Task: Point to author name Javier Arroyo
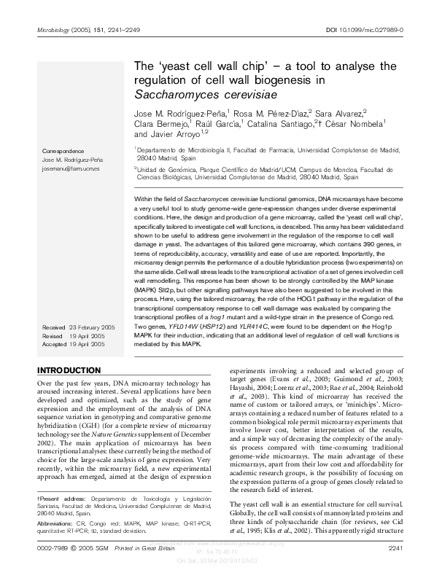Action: pos(175,134)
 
